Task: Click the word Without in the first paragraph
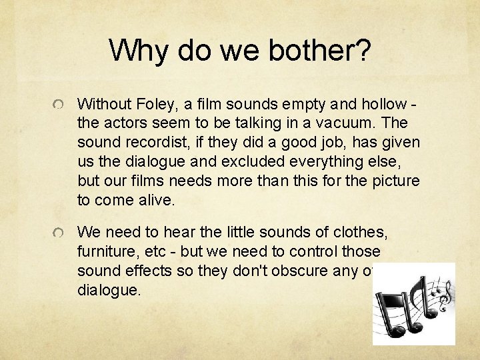(x=102, y=104)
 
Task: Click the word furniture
(x=105, y=251)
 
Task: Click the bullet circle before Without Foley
(x=59, y=105)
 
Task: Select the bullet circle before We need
(x=59, y=233)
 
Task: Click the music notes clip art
(x=413, y=303)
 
